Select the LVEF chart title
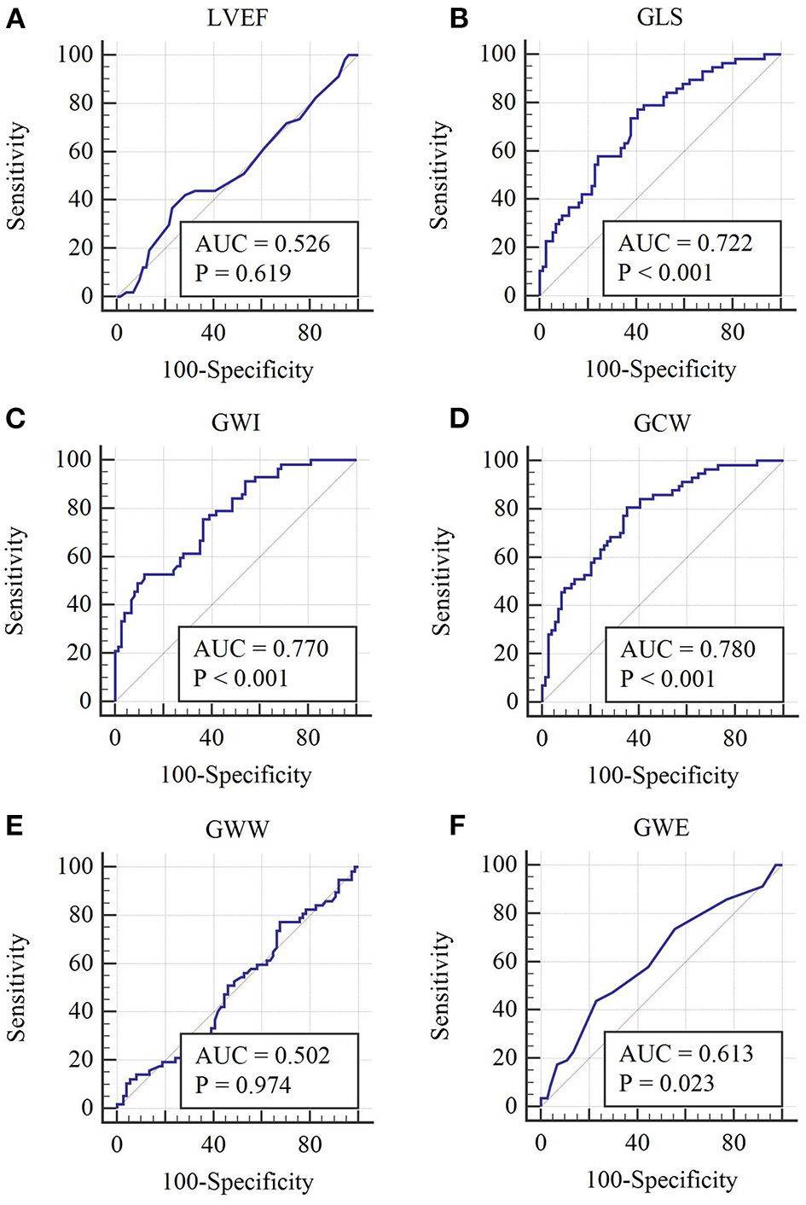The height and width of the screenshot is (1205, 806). tap(237, 18)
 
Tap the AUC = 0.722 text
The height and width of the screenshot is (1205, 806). tap(685, 243)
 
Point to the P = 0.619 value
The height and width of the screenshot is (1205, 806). tap(243, 273)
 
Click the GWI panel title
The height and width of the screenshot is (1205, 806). tap(235, 423)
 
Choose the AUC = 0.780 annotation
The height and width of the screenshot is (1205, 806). tap(687, 649)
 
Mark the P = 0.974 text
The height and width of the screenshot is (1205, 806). tap(243, 1085)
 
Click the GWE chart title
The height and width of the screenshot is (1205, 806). tap(661, 828)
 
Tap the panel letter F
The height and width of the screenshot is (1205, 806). tap(458, 827)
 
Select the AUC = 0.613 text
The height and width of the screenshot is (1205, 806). tap(686, 1054)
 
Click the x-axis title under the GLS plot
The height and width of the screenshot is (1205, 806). tap(660, 370)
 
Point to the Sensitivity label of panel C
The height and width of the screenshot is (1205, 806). tap(15, 580)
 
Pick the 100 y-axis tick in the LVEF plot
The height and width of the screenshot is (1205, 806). tap(75, 55)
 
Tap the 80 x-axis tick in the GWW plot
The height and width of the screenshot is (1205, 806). tap(310, 1144)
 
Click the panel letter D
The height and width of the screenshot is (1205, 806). tap(459, 422)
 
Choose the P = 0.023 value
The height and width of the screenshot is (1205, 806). tap(666, 1084)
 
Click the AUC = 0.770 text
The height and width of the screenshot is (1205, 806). tap(260, 649)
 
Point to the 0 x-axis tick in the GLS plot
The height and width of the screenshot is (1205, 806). tap(539, 332)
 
